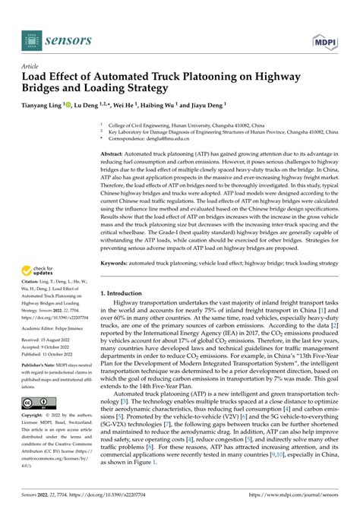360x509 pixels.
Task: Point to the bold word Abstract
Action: pyautogui.click(x=115, y=153)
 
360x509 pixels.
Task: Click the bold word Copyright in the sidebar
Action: pyautogui.click(x=34, y=416)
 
